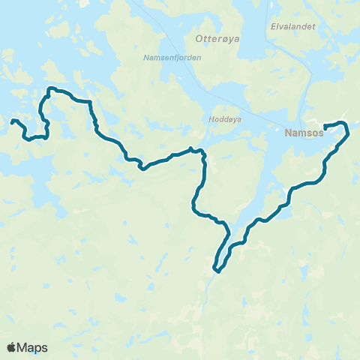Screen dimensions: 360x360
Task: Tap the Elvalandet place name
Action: coord(292,26)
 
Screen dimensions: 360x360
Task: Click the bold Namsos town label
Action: coord(304,131)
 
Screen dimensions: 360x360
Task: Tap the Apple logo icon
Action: coord(12,347)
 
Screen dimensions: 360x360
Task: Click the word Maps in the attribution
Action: coord(33,347)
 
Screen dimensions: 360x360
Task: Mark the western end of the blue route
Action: coord(12,121)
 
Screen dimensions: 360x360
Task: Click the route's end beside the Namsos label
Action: coord(325,125)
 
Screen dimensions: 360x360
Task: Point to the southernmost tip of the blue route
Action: coord(216,270)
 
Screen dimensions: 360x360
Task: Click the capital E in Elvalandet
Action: coord(272,26)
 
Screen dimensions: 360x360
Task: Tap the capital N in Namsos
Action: coord(289,131)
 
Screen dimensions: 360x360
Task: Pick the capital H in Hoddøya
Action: coord(209,118)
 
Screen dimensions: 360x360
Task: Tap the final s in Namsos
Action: coord(320,131)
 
